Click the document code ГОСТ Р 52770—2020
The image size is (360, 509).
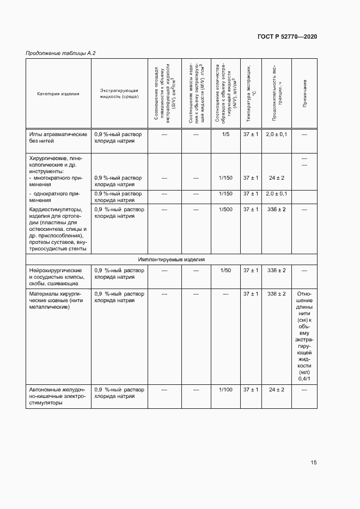click(287, 36)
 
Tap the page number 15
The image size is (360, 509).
click(313, 463)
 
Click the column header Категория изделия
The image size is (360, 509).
click(58, 94)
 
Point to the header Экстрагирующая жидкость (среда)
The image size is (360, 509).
click(119, 94)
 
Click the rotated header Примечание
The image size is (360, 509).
click(304, 94)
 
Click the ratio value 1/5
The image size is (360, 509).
click(225, 134)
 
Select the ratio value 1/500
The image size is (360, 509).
click(225, 209)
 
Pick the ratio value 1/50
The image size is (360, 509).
click(225, 271)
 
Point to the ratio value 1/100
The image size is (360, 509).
click(225, 390)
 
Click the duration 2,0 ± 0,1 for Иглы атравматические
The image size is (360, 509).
click(276, 134)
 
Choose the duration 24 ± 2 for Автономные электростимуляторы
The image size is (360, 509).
click(276, 390)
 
